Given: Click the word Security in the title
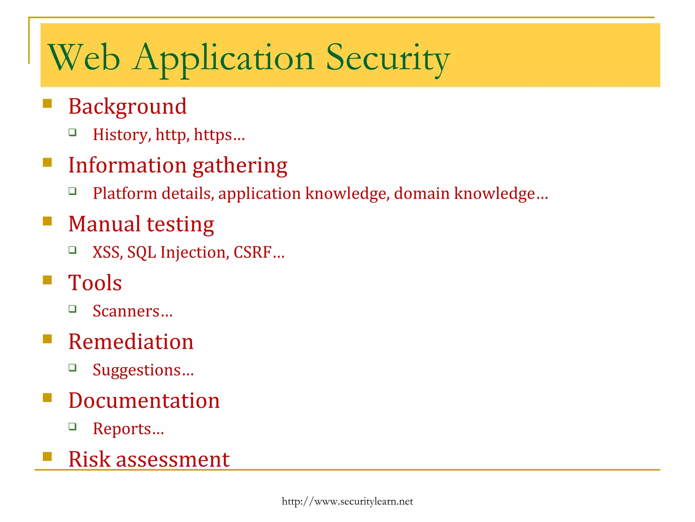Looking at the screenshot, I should [388, 58].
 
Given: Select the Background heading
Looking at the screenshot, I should [127, 106].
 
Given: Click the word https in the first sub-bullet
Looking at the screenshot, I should [213, 135].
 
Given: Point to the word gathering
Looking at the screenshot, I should [240, 166].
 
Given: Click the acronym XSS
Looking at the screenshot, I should [106, 253].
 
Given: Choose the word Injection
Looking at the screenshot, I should [193, 253].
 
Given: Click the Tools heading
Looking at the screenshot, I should [95, 283].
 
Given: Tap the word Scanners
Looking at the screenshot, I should [126, 311].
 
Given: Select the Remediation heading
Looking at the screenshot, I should [131, 342].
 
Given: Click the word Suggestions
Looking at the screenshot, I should [137, 370].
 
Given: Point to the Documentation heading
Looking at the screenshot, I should [144, 400].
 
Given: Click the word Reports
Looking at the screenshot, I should [122, 429].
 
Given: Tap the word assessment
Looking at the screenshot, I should [173, 459].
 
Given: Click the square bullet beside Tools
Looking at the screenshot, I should [48, 280].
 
